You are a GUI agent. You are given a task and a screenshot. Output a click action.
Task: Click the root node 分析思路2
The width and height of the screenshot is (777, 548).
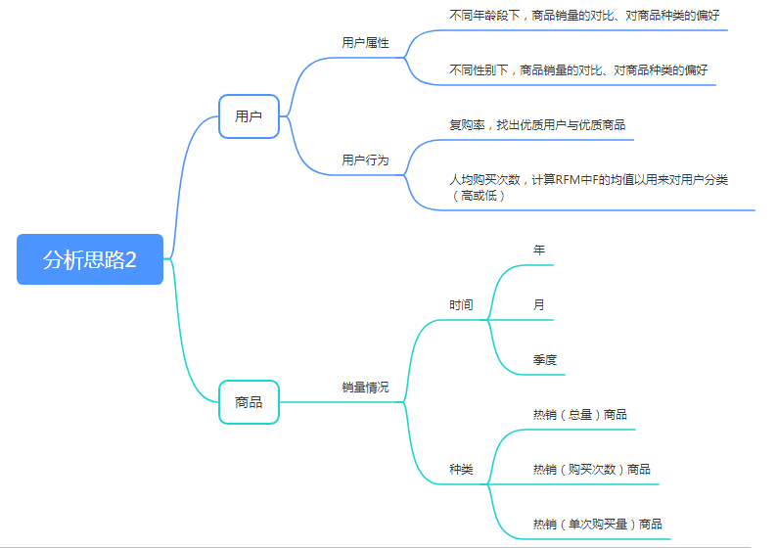coord(90,259)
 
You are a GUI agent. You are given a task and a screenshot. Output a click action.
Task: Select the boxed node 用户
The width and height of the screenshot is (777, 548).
coord(249,116)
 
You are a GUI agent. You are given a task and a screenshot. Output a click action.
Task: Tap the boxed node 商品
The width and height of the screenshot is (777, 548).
coord(249,402)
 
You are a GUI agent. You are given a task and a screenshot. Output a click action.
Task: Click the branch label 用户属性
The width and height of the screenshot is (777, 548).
coord(365,43)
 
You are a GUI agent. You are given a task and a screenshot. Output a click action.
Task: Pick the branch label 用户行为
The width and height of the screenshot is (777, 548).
coord(365,160)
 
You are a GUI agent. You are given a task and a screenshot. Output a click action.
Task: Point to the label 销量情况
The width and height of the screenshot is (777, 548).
coord(365,388)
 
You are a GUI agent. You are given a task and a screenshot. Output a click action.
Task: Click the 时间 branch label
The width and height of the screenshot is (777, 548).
coord(461,305)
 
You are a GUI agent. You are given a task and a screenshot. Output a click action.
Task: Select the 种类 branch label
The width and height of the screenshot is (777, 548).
coord(461,470)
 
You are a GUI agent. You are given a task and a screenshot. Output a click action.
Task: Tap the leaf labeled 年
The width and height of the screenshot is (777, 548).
coord(539,251)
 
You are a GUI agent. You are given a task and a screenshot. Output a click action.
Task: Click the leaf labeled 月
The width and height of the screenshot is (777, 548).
coord(539,305)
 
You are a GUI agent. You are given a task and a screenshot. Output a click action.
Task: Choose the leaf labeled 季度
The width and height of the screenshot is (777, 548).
coord(545,360)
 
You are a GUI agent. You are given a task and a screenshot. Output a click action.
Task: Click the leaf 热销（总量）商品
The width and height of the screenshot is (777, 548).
coord(580,415)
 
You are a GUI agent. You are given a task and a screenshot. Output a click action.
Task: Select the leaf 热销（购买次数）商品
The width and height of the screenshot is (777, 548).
coord(592,470)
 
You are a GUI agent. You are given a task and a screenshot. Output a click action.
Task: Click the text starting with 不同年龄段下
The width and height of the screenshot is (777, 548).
coord(584,16)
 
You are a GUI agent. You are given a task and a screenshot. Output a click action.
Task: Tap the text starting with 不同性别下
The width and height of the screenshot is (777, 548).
coord(578,70)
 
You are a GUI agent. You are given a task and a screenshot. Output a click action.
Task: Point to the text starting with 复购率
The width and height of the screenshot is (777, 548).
coord(537,125)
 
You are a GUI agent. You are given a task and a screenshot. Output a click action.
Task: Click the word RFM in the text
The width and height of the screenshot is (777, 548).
coord(570,180)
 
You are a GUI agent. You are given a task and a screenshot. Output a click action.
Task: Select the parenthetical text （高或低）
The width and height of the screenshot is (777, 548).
coord(478,196)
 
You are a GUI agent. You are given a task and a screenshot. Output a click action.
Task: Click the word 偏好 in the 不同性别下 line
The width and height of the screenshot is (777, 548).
coord(696,70)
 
